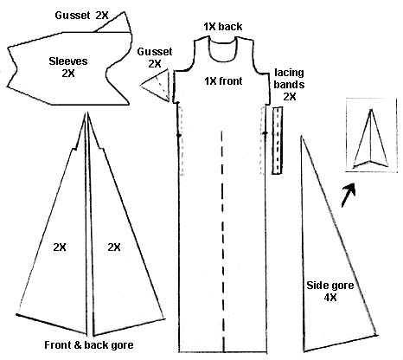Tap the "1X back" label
coord(223,27)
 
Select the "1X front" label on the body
coord(223,81)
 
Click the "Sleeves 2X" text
coord(68,67)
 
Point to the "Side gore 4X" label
coord(330,292)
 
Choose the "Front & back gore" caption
coord(89,345)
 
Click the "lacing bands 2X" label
coord(289,84)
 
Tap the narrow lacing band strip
coord(278,140)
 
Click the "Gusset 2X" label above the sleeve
coord(81,16)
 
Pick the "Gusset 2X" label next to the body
coord(155,58)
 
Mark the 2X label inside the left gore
coord(60,247)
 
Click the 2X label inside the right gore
coord(114,247)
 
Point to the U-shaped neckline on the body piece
coord(223,60)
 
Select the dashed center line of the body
coord(222,241)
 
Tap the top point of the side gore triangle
coord(302,136)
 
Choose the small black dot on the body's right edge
coord(265,133)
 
